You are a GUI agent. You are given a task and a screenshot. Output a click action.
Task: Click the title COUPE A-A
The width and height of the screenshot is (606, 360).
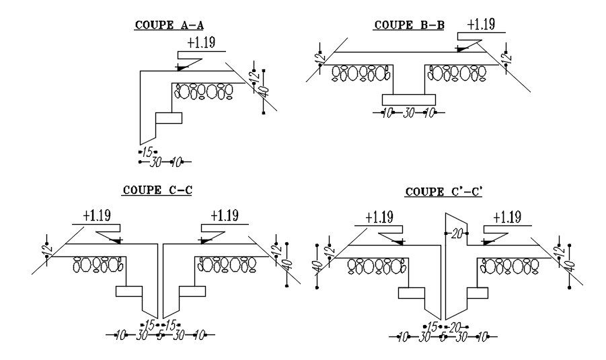[x=169, y=26]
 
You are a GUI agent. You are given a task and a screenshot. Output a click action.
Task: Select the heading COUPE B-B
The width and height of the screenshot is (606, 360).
[x=409, y=26]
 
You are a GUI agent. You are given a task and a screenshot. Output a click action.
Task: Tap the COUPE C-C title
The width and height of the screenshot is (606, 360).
[x=157, y=190]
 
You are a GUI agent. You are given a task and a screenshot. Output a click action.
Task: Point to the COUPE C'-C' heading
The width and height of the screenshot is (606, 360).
[x=445, y=192]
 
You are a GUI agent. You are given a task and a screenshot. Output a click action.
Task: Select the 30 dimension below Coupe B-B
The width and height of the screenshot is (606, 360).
[x=408, y=113]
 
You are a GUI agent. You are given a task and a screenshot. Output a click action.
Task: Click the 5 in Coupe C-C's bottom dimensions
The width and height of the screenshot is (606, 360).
[x=159, y=334]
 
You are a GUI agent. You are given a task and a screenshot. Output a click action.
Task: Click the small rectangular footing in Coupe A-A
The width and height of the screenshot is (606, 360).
[x=169, y=118]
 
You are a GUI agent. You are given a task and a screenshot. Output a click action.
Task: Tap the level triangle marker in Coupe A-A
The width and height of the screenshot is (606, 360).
[x=180, y=67]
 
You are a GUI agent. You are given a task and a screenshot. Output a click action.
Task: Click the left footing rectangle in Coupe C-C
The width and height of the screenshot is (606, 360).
[x=129, y=291]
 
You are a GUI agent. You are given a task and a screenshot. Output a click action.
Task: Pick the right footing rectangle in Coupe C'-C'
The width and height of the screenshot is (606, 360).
[x=477, y=293]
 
